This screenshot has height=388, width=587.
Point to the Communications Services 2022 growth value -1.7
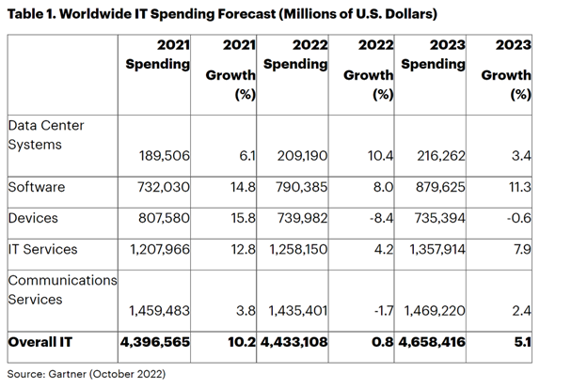coord(378,310)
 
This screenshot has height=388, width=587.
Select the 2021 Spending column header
coord(158,55)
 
